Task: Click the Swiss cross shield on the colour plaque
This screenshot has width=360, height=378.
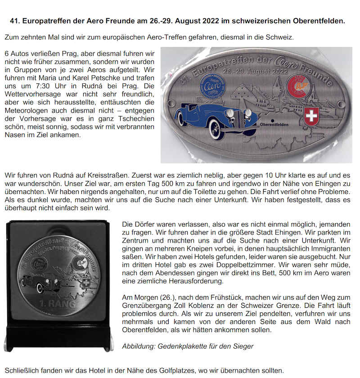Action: pyautogui.click(x=311, y=117)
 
